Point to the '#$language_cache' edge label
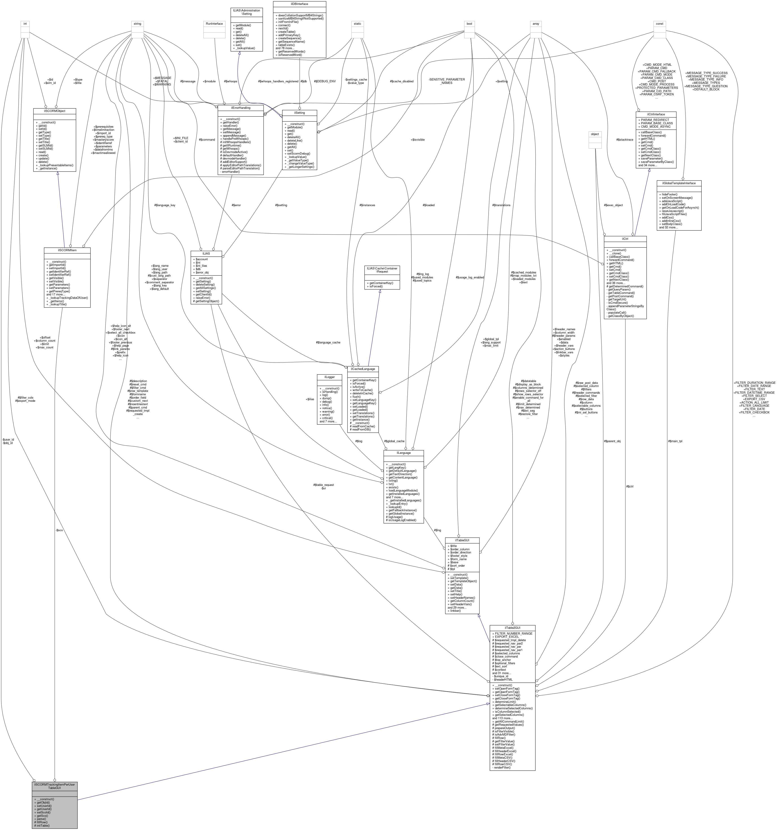pyautogui.click(x=328, y=342)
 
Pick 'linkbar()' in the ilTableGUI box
pyautogui.click(x=456, y=611)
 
